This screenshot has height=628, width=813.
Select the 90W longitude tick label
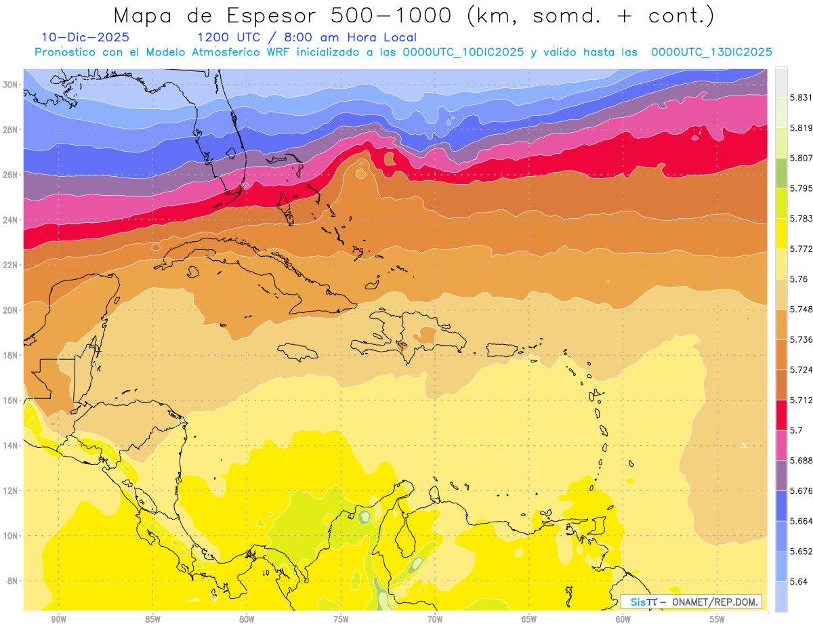coord(58,619)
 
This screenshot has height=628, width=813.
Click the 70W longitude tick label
coord(435,619)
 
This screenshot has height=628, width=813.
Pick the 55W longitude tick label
coord(717,619)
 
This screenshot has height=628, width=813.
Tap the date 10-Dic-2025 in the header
coord(85,37)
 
